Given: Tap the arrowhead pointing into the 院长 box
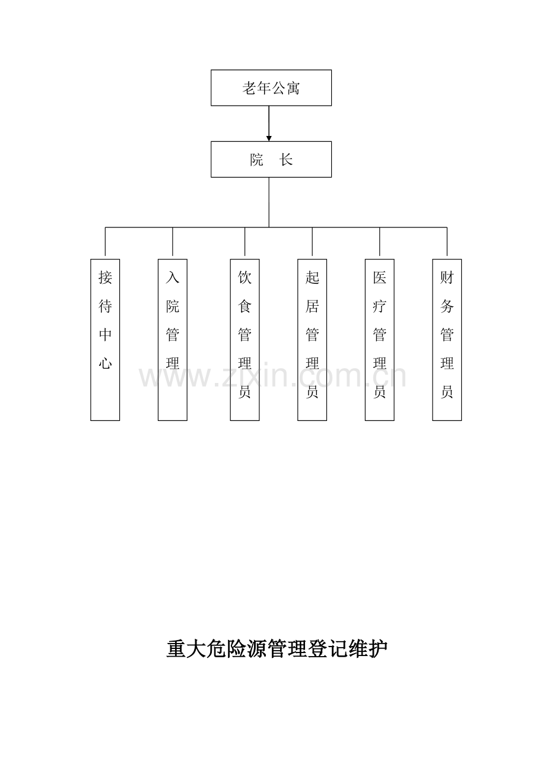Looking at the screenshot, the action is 269,138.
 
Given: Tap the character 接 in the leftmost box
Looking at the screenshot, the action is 105,277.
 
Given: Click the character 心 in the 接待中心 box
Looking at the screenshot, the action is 105,363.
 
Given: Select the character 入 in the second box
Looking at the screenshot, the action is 173,277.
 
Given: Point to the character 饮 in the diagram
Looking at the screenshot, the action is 245,277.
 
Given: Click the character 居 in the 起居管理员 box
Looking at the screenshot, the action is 312,306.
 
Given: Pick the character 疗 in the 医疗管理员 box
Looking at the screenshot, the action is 380,306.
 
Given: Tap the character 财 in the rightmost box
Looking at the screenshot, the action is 447,277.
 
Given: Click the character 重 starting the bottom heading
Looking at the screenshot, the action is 176,649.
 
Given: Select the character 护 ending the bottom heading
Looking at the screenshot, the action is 378,649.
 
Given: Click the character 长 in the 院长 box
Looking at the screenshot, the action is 286,160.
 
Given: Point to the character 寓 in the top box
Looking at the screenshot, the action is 293,88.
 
